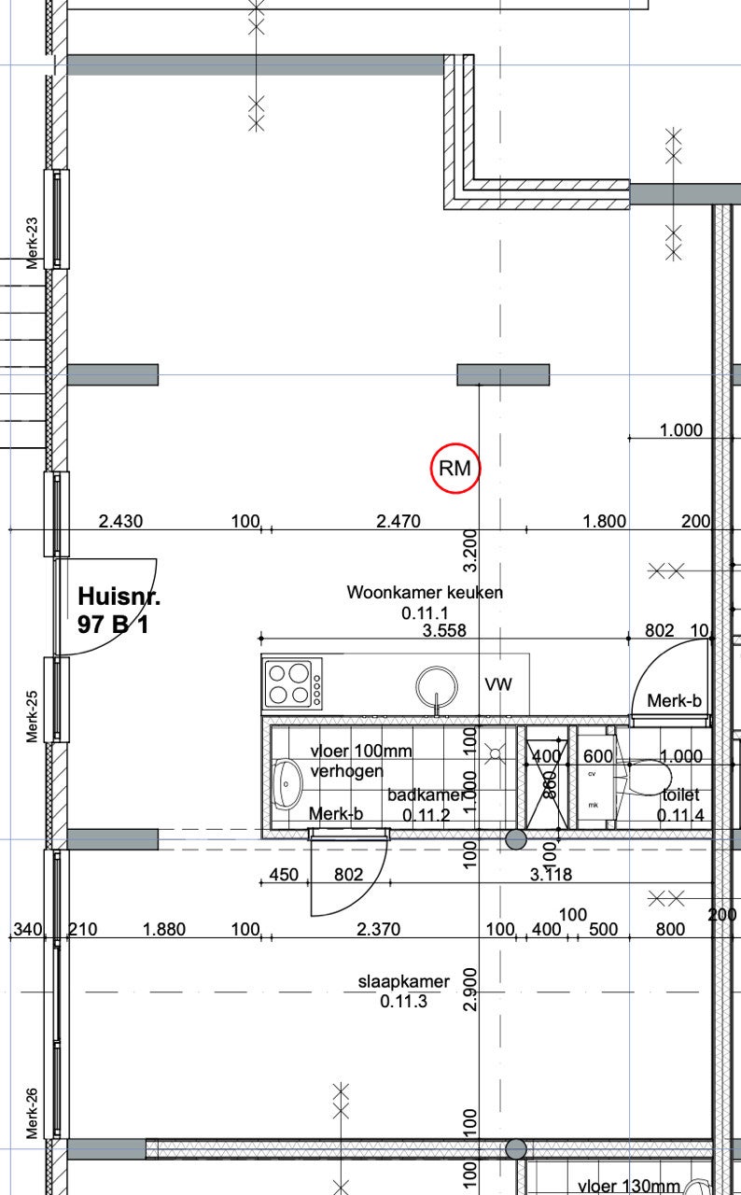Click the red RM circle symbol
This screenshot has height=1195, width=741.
455,468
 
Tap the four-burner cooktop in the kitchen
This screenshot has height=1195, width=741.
292,683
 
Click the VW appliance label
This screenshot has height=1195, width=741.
498,684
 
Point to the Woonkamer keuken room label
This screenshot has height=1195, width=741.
425,592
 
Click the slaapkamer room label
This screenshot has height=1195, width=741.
403,981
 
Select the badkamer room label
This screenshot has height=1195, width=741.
426,794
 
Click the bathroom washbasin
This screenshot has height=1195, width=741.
287,784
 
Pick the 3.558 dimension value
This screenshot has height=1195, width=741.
444,630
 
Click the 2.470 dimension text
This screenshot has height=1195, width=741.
398,521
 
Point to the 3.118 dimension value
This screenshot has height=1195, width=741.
551,875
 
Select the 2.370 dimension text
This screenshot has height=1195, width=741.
379,929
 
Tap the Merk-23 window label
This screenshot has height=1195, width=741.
32,243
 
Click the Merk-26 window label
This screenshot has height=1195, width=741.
32,1113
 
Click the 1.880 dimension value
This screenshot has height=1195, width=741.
164,929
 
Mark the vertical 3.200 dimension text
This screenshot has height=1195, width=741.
470,551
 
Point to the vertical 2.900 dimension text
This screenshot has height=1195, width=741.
470,990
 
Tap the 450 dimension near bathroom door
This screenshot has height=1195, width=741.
284,875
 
